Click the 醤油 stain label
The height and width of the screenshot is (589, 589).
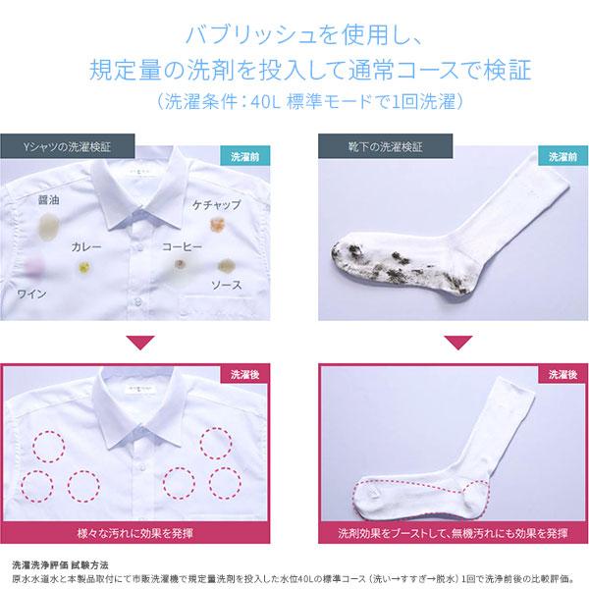(x=49, y=200)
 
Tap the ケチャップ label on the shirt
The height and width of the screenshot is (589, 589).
(x=217, y=205)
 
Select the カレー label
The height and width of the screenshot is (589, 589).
(x=86, y=246)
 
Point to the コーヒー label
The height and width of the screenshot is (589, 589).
(x=183, y=246)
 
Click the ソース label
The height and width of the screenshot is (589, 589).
(x=227, y=285)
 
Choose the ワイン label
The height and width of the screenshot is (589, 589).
(x=32, y=294)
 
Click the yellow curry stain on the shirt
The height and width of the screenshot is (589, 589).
(x=84, y=267)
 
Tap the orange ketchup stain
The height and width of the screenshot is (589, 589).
(x=218, y=225)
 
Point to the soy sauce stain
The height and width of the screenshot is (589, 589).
(x=49, y=226)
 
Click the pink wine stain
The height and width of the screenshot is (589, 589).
(x=35, y=266)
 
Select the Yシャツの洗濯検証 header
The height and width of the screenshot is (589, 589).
(x=67, y=146)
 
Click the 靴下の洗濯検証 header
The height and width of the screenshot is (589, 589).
(x=386, y=146)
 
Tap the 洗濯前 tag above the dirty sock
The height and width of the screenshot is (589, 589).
(x=563, y=156)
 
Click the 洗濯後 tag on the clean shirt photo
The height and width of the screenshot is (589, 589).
(x=244, y=374)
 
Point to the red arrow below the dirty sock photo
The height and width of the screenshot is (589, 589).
(x=458, y=343)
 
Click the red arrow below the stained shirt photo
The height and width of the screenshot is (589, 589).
(x=140, y=343)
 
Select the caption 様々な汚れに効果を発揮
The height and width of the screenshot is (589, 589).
(x=134, y=533)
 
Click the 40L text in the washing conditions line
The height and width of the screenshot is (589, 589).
(x=266, y=102)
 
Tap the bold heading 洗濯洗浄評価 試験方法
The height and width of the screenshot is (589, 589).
(x=60, y=565)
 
